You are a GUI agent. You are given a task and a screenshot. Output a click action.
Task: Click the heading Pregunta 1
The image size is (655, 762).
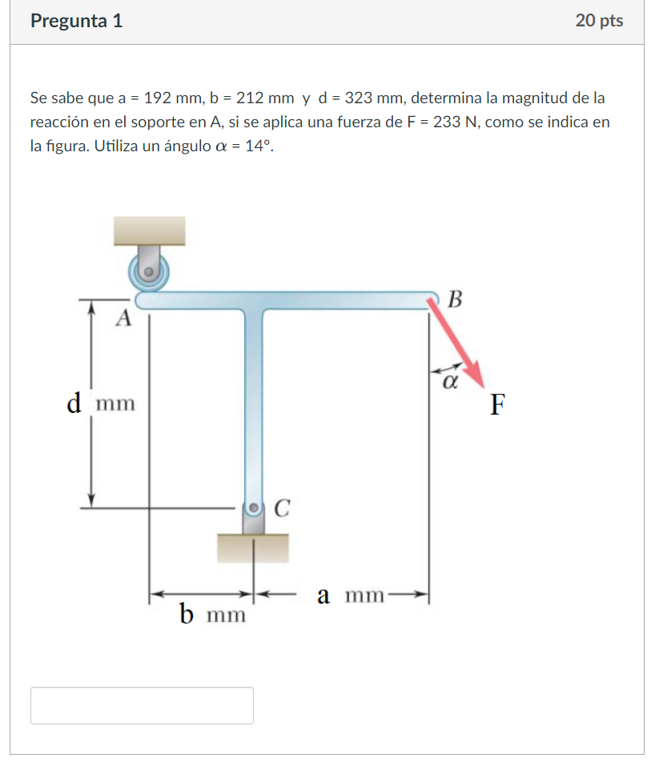coord(76,22)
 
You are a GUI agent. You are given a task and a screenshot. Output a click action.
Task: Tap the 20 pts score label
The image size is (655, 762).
coord(598,22)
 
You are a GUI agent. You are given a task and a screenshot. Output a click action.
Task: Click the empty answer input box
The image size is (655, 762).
coord(142,705)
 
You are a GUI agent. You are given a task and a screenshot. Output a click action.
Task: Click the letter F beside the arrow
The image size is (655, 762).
coord(497,406)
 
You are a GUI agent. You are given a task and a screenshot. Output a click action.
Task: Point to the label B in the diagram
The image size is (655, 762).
coord(455,300)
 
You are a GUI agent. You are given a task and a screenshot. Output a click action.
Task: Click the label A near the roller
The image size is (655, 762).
coord(123,319)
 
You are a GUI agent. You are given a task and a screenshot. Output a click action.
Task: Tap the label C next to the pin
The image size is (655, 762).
coord(281,507)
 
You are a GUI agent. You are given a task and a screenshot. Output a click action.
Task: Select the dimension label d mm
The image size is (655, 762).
coord(101,403)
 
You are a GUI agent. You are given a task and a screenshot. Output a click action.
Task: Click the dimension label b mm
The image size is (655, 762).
coord(212,615)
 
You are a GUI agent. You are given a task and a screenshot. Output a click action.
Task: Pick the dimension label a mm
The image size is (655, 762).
coord(351,596)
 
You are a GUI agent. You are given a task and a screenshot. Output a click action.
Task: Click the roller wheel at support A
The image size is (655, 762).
coord(149,271)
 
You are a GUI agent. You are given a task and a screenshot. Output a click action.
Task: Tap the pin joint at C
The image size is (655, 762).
coord(254,507)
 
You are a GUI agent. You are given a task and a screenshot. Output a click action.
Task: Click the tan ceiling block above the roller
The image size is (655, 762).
coord(150,231)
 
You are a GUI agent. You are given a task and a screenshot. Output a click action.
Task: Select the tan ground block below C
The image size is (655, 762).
coord(253,548)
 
